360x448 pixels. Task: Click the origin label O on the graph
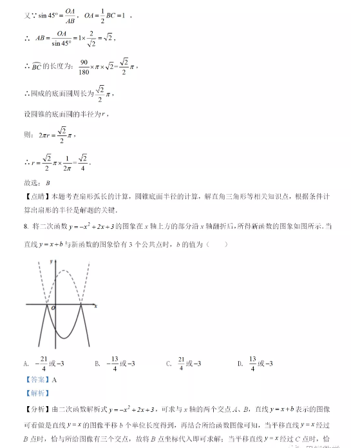(54, 309)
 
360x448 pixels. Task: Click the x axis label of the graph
(95, 306)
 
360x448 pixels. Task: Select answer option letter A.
(25, 364)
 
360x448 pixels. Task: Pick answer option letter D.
(239, 364)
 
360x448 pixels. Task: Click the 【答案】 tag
(37, 380)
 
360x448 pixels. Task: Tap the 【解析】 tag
(37, 393)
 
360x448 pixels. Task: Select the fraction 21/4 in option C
(182, 364)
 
